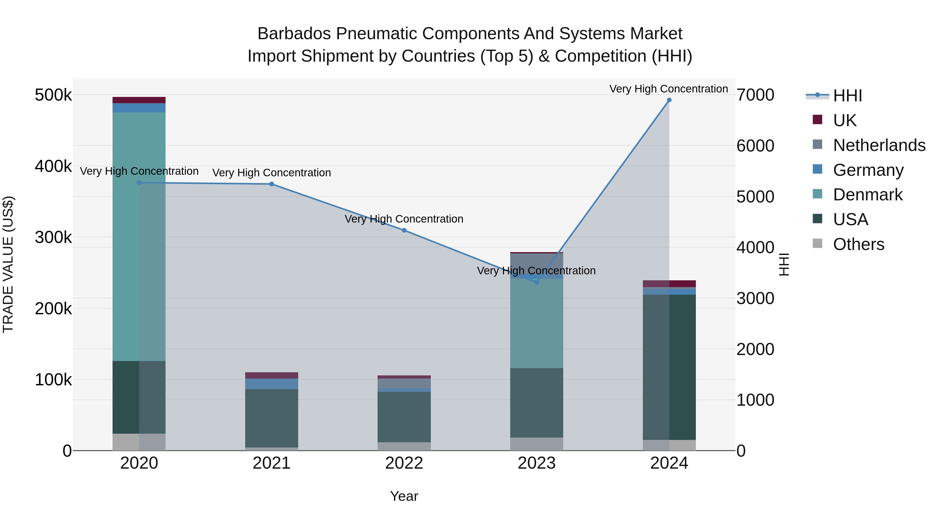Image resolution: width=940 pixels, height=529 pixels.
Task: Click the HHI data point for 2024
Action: click(669, 100)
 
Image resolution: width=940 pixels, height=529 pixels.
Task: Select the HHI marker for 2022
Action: click(404, 230)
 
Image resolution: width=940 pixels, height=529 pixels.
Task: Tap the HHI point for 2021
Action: click(272, 184)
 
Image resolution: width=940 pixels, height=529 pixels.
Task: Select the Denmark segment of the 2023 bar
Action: click(536, 323)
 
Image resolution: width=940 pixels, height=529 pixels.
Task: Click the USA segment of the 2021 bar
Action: click(272, 418)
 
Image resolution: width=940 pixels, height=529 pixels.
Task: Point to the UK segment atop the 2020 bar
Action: click(139, 100)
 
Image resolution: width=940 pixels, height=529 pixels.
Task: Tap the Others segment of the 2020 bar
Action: click(139, 442)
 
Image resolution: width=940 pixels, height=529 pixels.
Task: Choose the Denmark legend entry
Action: click(868, 195)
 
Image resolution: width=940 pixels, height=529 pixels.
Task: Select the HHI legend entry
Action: click(847, 96)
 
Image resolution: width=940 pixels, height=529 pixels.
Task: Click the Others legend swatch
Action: click(817, 243)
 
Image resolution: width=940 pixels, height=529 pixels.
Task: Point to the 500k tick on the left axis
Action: click(53, 95)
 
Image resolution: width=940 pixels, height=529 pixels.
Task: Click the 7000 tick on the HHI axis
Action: click(755, 95)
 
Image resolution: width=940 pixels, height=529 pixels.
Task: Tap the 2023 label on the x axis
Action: click(536, 463)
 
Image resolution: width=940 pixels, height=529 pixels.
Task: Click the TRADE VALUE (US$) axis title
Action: click(8, 264)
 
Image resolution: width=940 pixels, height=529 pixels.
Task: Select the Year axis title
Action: click(404, 496)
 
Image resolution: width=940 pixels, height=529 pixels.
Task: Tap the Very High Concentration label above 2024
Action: click(668, 89)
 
